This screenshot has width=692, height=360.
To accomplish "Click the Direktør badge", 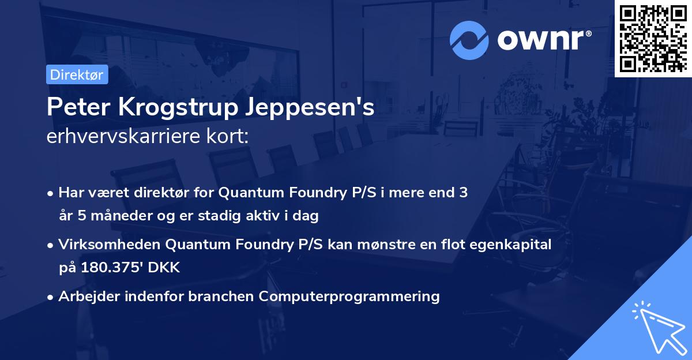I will click(x=77, y=74).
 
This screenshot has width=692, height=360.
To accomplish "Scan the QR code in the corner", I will click(x=653, y=38).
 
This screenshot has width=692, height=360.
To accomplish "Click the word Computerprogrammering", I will click(x=349, y=297).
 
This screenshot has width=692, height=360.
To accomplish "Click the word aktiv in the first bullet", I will click(x=267, y=216).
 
